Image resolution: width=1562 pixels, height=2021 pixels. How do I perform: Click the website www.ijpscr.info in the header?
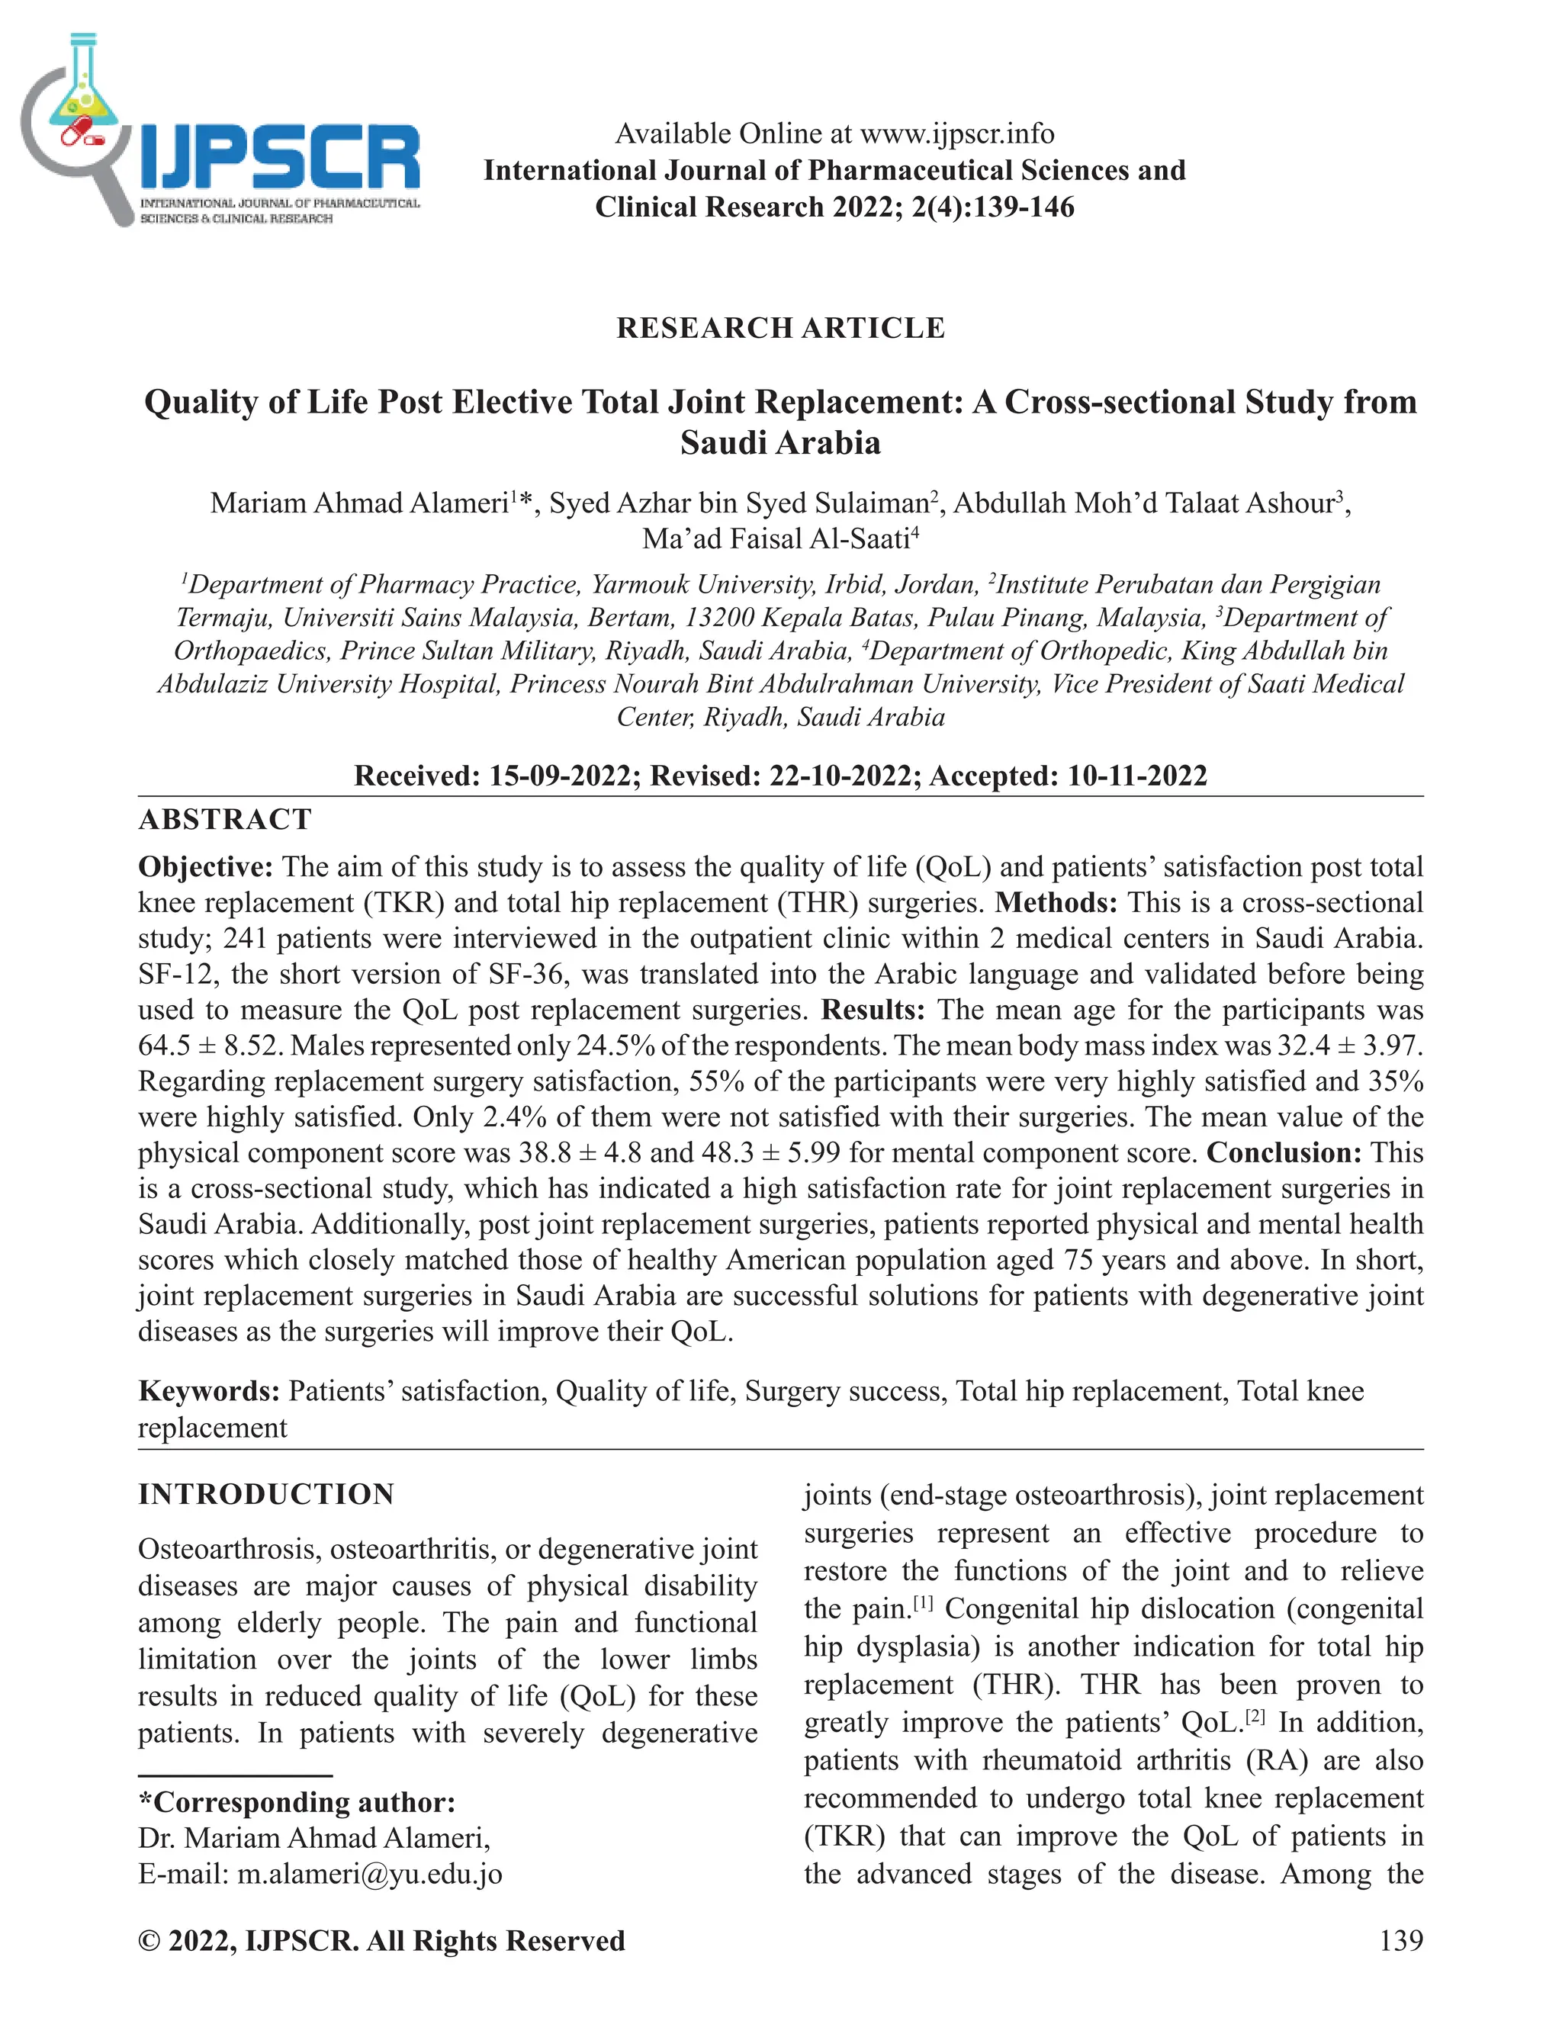[x=957, y=134]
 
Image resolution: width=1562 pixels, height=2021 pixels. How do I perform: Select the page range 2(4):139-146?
[x=993, y=207]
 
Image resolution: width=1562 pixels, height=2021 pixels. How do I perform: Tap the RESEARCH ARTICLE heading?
[x=780, y=329]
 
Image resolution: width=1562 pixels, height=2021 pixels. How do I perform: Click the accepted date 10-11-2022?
[x=1137, y=776]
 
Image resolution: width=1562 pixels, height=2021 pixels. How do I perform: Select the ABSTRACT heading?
[x=225, y=820]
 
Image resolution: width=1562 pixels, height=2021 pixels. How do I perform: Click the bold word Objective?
[x=205, y=867]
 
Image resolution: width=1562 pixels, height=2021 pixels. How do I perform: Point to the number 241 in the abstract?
[x=246, y=938]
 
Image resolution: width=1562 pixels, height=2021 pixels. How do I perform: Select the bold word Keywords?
[x=209, y=1391]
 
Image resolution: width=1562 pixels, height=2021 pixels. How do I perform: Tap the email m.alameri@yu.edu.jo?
[x=369, y=1874]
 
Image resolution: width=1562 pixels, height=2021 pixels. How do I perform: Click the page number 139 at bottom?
[x=1400, y=1939]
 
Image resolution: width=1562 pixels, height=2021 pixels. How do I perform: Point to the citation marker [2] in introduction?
[x=1254, y=1717]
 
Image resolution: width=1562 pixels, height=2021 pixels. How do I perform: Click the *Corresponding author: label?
[x=296, y=1801]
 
